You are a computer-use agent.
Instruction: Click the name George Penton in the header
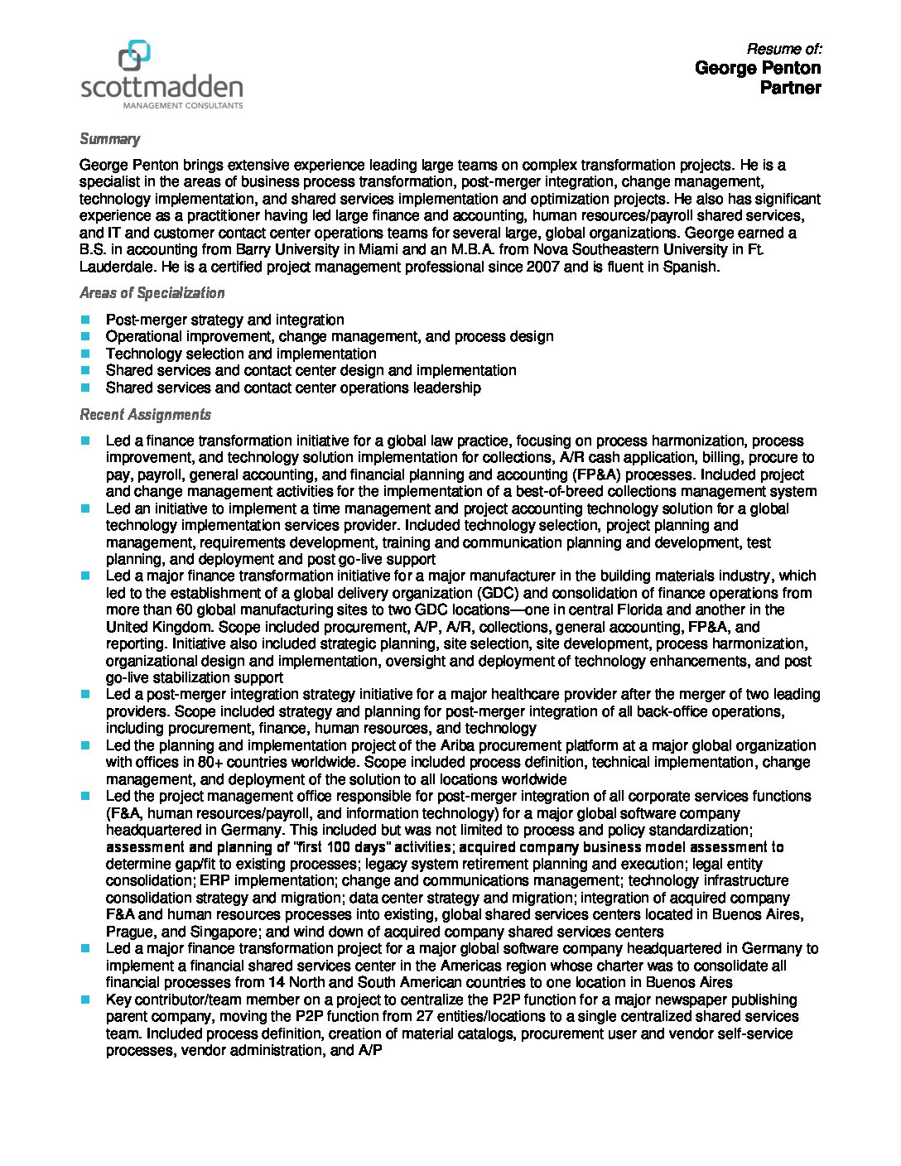[x=758, y=68]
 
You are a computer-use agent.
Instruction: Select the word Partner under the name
[x=790, y=88]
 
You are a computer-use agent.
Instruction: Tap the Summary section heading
[x=109, y=139]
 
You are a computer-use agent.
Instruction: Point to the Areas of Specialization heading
[x=152, y=293]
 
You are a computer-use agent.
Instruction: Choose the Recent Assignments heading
[x=145, y=415]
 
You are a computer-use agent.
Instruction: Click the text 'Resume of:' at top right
[x=783, y=49]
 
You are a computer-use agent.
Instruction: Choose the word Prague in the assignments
[x=127, y=932]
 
